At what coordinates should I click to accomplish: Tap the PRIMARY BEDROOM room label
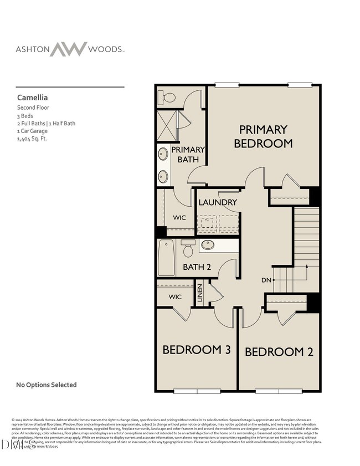tap(263, 136)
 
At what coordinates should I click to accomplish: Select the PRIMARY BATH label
tap(188, 155)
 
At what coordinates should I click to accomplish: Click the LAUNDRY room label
tap(218, 202)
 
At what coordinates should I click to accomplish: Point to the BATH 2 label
tap(197, 267)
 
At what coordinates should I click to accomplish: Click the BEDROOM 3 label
tap(197, 350)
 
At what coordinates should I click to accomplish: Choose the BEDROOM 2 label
tap(275, 352)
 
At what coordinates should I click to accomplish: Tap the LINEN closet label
tap(200, 293)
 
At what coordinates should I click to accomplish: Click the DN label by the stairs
tap(266, 280)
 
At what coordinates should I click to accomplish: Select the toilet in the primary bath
tap(167, 98)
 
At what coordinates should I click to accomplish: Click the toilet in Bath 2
tap(188, 248)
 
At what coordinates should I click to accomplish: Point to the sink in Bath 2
tap(208, 245)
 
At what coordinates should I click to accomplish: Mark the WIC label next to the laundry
tap(179, 218)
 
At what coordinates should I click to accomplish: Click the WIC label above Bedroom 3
tap(175, 297)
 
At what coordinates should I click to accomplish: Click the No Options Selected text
tap(47, 385)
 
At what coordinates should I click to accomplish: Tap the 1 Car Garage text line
tap(32, 131)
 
